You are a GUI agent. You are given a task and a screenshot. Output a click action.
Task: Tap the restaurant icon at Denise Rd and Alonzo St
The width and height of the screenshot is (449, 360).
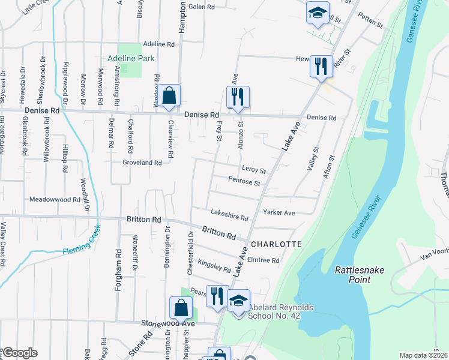[x=238, y=97]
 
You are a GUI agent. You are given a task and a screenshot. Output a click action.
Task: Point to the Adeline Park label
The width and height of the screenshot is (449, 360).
[x=131, y=59]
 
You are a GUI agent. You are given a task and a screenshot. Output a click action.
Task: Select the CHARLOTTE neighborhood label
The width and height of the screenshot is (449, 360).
[x=276, y=244]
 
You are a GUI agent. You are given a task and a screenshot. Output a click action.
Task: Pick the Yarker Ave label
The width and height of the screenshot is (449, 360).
[x=279, y=212]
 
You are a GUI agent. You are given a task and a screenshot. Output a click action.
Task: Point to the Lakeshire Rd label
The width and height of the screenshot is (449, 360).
[x=229, y=215]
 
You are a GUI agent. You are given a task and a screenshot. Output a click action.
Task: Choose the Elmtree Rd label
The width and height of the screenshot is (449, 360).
[x=264, y=260]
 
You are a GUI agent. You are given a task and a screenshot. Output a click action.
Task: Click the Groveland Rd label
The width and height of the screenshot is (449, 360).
[x=142, y=163]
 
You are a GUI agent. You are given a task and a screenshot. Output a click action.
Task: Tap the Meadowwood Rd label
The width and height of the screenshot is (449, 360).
[x=55, y=199]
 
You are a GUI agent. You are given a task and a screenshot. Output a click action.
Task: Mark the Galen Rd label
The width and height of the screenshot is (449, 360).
[x=202, y=7]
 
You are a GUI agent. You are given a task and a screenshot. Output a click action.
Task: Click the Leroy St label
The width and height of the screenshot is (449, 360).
[x=254, y=171]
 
